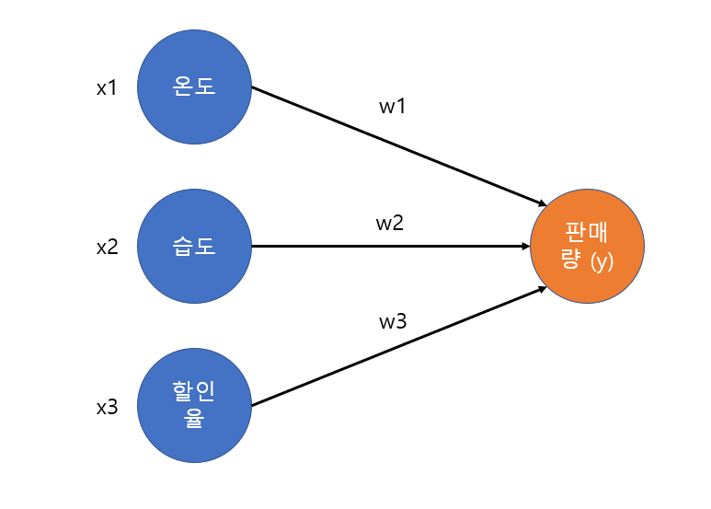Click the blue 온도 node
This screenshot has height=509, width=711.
(194, 87)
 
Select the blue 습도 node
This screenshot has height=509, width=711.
(194, 247)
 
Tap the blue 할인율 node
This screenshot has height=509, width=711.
(194, 406)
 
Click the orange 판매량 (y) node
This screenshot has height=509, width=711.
(587, 247)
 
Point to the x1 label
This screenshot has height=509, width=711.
(107, 87)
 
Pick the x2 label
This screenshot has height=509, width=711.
(108, 248)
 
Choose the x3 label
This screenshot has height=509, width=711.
(108, 407)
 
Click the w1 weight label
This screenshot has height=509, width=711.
(392, 106)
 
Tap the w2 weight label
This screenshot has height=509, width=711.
(390, 223)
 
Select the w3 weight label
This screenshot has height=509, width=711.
(393, 321)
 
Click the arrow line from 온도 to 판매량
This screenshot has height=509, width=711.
(399, 146)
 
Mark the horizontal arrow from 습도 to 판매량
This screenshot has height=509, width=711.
(391, 247)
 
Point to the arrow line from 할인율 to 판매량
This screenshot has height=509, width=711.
(399, 346)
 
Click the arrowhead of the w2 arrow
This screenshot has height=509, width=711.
(526, 247)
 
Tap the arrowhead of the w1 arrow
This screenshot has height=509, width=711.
(543, 204)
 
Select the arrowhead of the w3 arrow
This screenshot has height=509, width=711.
(543, 289)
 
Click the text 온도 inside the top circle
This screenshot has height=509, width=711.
(194, 86)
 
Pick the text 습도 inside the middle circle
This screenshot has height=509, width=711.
(194, 247)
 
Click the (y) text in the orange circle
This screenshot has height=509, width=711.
(602, 261)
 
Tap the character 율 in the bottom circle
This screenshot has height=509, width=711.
(194, 418)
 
